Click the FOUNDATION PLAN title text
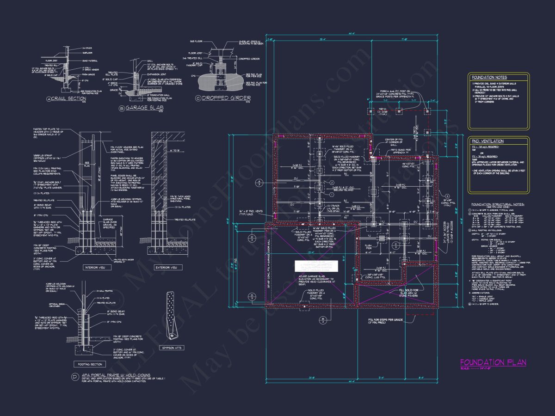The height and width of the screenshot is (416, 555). pyautogui.click(x=493, y=362)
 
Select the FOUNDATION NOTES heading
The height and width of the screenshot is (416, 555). pyautogui.click(x=489, y=78)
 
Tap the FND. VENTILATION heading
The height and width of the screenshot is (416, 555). pyautogui.click(x=487, y=141)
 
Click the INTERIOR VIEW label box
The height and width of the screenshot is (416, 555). pyautogui.click(x=95, y=267)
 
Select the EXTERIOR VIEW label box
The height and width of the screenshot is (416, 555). pyautogui.click(x=168, y=267)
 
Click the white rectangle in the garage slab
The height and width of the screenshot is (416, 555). pyautogui.click(x=316, y=267)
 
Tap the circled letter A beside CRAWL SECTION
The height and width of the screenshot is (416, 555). pyautogui.click(x=49, y=99)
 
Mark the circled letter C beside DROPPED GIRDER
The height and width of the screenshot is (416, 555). pyautogui.click(x=198, y=98)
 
